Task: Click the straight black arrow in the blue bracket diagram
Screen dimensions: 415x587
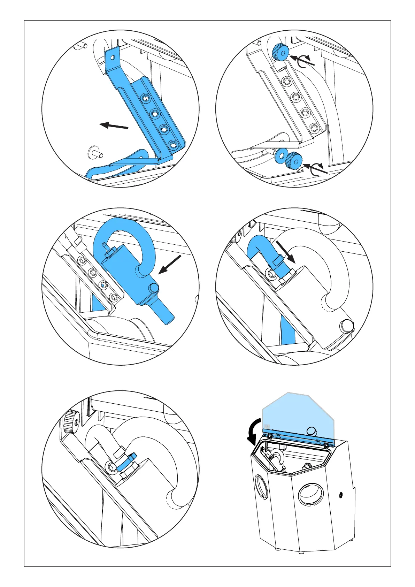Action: click(114, 125)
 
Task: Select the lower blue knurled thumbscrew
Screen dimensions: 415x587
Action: click(293, 161)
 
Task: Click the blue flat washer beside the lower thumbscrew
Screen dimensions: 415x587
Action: click(280, 155)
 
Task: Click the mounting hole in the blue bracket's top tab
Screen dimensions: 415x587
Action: click(112, 56)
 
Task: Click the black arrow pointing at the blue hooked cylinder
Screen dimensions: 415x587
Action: click(170, 264)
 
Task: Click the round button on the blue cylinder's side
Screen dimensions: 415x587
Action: click(154, 287)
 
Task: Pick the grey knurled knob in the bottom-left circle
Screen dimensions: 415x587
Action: click(71, 422)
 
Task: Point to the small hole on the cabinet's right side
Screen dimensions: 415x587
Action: click(341, 494)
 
